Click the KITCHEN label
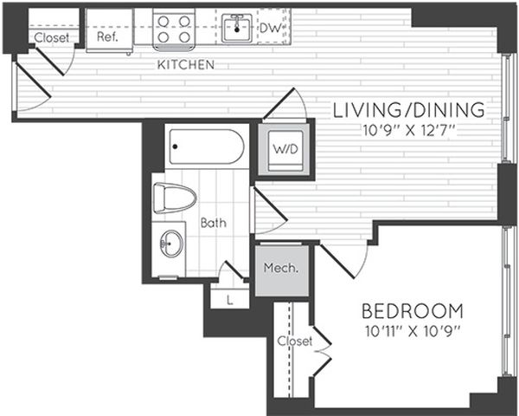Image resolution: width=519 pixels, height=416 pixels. click(185, 65)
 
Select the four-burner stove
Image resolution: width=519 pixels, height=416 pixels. click(174, 29)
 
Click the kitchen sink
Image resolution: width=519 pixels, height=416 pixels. click(234, 28)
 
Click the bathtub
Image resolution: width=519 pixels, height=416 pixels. click(206, 146)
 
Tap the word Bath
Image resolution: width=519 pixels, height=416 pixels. click(213, 223)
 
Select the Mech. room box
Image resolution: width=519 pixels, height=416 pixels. click(280, 268)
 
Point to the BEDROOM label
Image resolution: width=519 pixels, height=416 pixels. click(412, 311)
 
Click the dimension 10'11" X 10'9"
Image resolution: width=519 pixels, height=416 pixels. click(412, 330)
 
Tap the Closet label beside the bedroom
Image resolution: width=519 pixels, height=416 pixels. click(294, 341)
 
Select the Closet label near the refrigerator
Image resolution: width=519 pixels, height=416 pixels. click(51, 38)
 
